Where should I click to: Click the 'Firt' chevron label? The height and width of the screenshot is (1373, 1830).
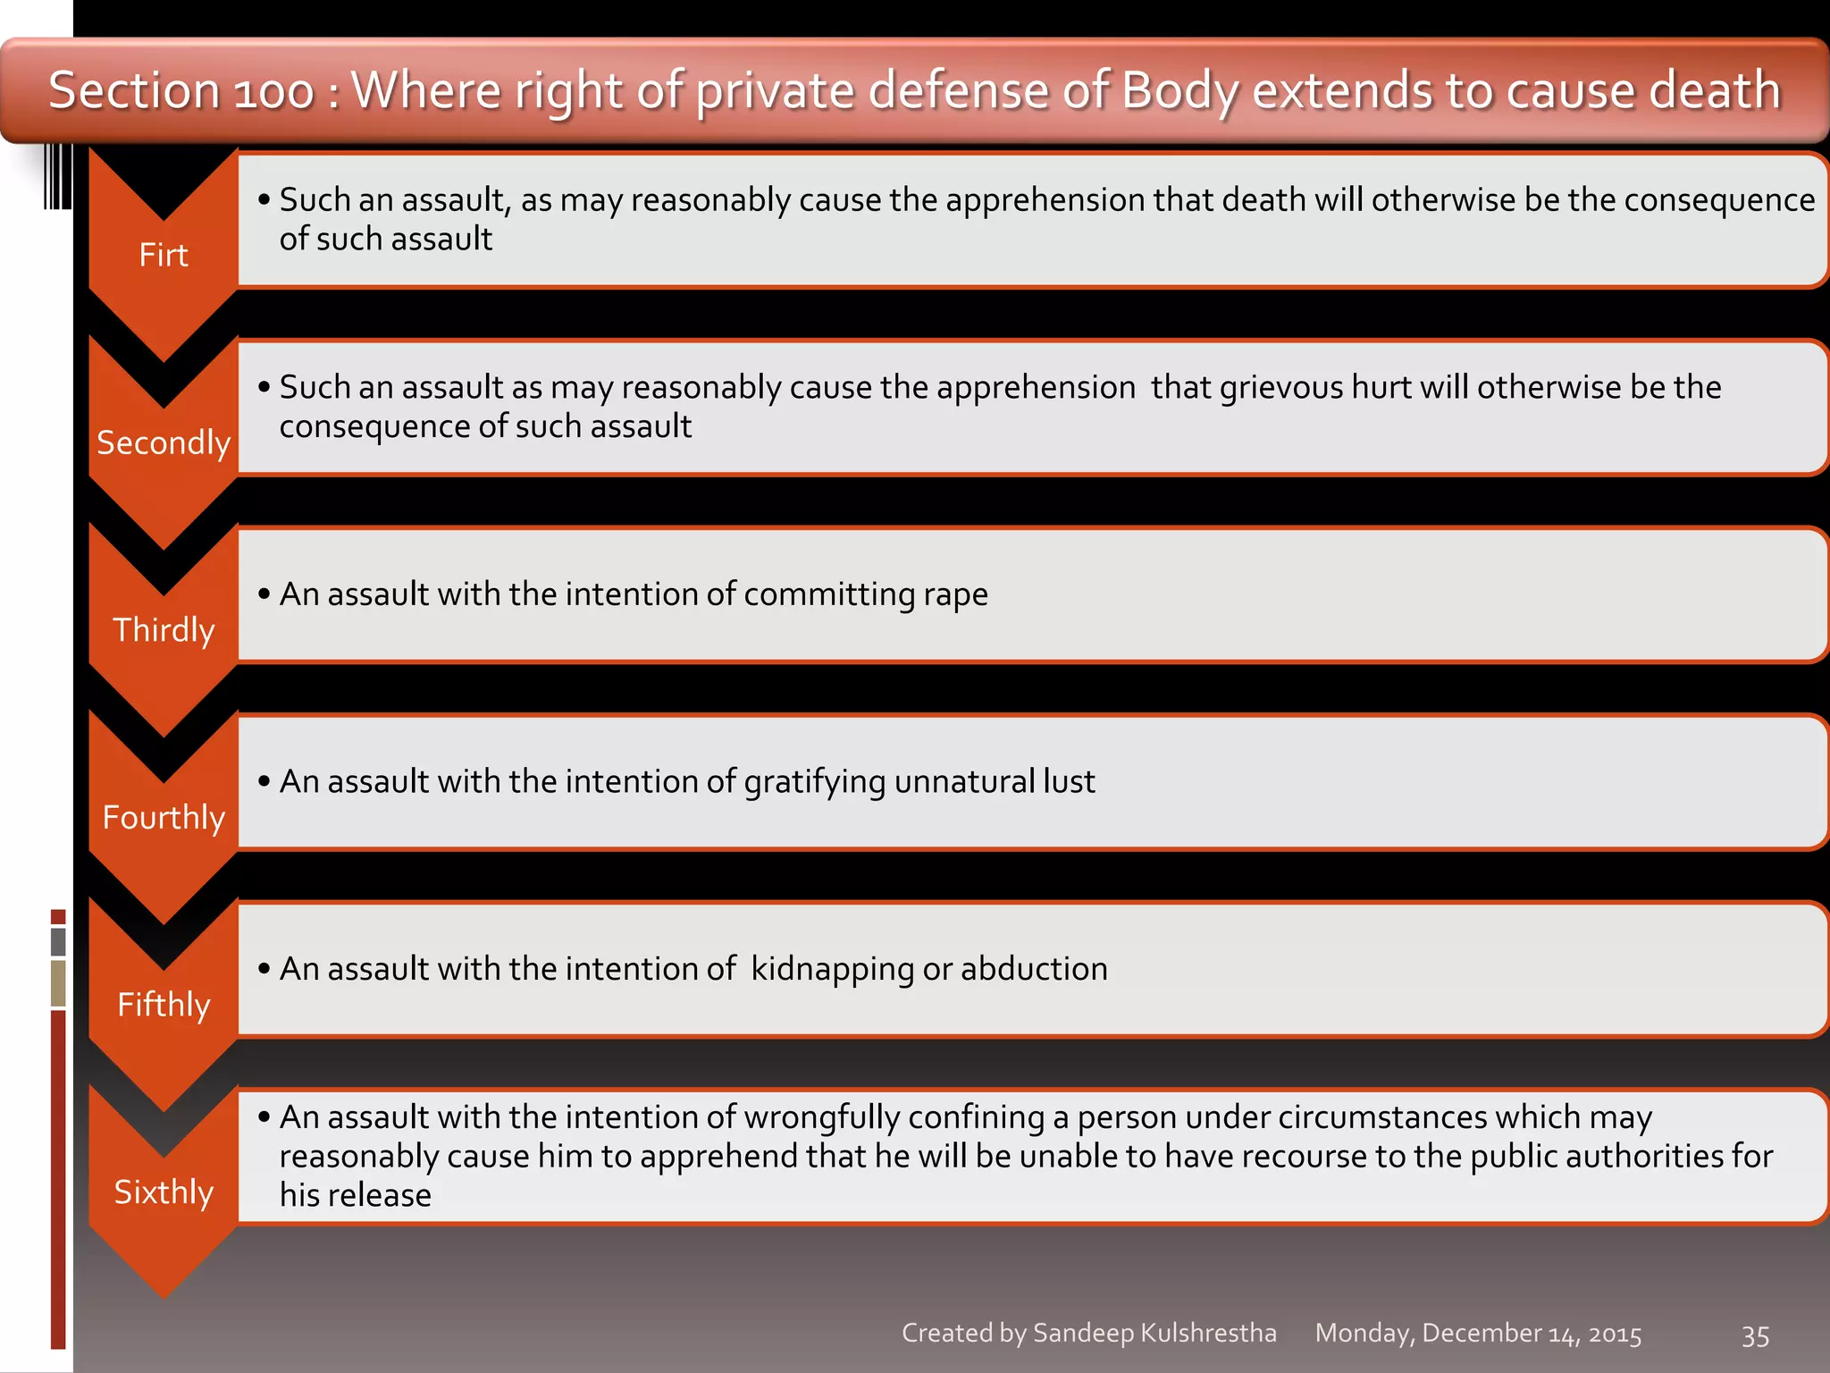click(164, 256)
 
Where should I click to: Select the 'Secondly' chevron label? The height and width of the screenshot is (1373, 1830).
click(164, 442)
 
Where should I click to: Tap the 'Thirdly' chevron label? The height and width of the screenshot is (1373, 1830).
click(164, 630)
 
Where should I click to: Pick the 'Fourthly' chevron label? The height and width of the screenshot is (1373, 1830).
click(164, 817)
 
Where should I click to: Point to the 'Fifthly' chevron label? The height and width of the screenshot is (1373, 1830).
click(164, 1005)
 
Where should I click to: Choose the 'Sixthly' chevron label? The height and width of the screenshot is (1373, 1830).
click(164, 1192)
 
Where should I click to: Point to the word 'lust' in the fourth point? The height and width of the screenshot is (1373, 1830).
click(1069, 782)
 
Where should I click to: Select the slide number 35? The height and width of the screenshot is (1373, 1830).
click(1755, 1336)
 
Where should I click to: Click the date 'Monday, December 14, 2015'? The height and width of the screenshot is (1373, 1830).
click(1478, 1334)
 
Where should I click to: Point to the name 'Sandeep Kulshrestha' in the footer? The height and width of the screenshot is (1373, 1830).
click(1154, 1334)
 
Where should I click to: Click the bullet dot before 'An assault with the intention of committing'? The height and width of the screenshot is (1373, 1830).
click(264, 594)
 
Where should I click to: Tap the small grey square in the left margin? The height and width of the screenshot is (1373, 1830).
click(58, 941)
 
